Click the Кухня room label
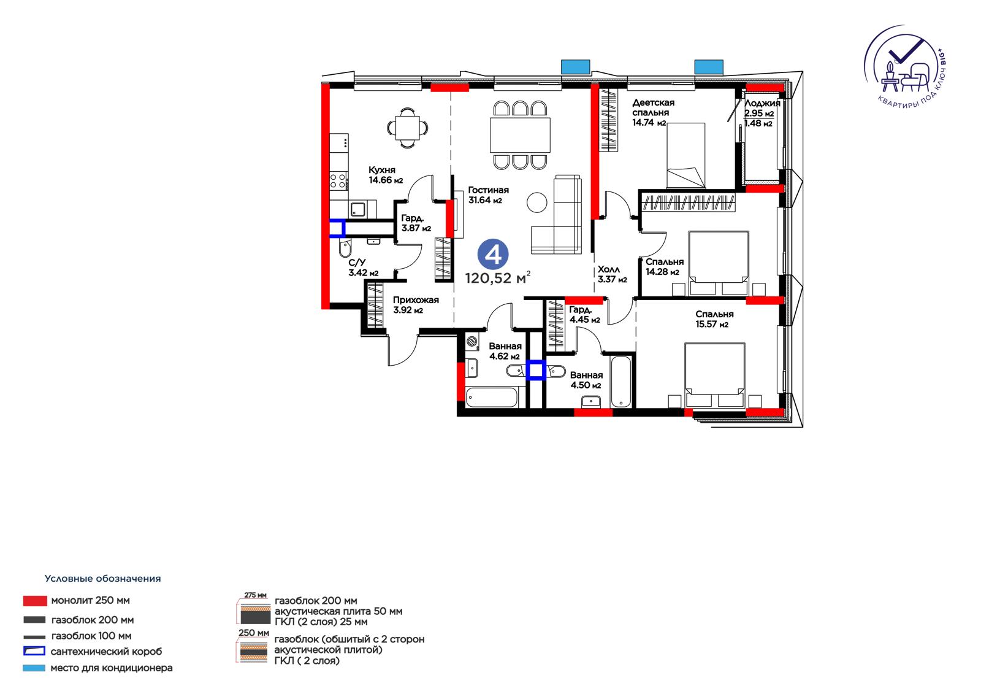click(382, 169)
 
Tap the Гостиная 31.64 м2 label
click(488, 195)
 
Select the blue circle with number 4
click(493, 254)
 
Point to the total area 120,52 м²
click(498, 277)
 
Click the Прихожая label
click(416, 300)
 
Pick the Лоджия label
click(763, 103)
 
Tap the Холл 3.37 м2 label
click(613, 274)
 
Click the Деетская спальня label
click(653, 107)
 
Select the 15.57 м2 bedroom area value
click(712, 325)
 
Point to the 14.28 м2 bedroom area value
click(662, 272)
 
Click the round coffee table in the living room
click(537, 202)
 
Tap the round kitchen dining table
click(408, 128)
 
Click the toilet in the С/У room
click(345, 249)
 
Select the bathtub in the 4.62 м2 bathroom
click(492, 398)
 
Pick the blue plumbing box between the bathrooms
click(536, 370)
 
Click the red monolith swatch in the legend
click(35, 601)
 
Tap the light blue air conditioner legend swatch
click(34, 668)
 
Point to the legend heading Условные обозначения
click(102, 579)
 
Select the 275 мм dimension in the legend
click(255, 595)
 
